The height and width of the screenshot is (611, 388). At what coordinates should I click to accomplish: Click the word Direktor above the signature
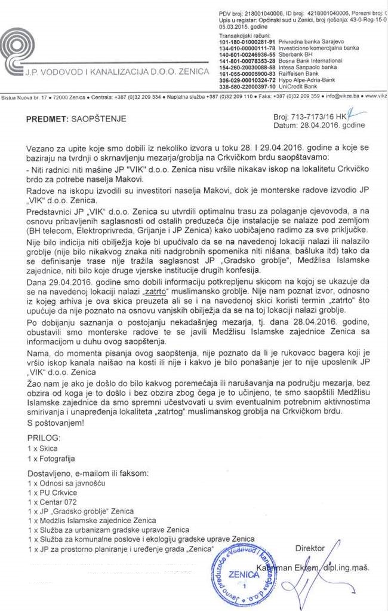310,548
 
